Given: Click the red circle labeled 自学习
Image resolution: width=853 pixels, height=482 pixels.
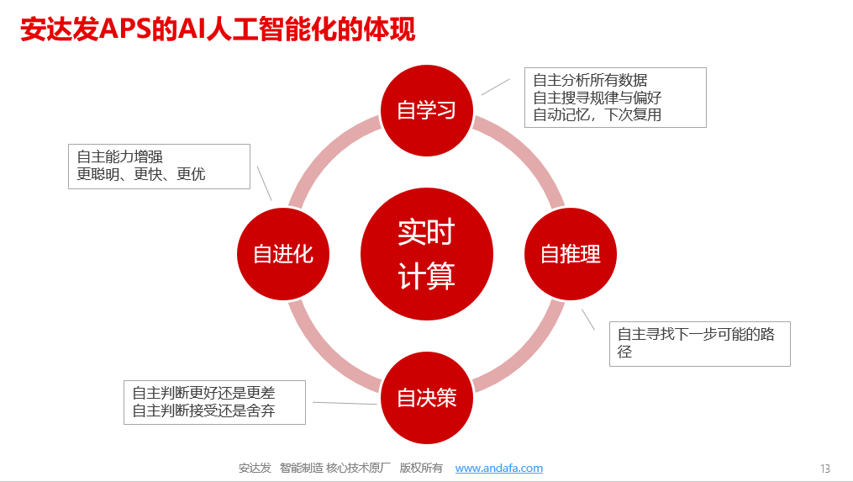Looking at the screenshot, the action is pos(427,110).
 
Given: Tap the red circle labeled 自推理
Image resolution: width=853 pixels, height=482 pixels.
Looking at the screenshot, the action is pos(570,253).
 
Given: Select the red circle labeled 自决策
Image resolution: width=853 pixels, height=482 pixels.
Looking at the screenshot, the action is pos(427,397).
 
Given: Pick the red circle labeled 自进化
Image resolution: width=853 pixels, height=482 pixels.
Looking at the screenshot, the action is pos(283,253).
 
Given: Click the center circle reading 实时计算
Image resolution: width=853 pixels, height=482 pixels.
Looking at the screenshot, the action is pos(427,254).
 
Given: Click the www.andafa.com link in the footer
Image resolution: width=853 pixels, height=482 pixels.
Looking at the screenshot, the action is pos(499,468).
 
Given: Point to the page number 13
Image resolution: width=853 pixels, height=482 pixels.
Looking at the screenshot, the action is pos(825,469).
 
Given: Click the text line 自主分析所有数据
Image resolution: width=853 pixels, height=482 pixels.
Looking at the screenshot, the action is pos(590,81).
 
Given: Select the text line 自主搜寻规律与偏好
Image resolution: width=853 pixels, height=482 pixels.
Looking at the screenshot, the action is pos(598,98).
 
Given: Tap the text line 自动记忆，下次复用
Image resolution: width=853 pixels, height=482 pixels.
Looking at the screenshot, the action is pos(598,114).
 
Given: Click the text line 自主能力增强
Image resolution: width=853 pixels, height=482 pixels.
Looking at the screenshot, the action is pos(119,157).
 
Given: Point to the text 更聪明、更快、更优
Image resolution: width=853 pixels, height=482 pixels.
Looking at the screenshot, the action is pos(141,174).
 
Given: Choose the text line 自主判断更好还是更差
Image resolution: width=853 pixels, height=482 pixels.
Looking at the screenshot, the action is pos(203,393).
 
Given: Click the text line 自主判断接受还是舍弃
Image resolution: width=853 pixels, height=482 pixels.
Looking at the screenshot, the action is pos(203,410).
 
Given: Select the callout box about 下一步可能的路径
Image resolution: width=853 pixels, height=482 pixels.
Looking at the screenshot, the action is pos(699,342).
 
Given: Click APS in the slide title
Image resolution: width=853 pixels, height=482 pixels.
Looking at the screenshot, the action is pos(126,29).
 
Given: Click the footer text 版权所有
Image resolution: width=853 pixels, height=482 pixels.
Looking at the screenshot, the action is pos(421,468).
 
